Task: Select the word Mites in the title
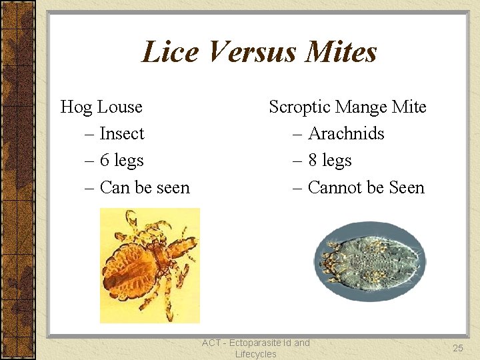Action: point(341,52)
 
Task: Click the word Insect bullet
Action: point(122,134)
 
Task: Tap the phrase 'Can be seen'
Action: point(145,188)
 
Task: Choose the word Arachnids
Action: point(346,134)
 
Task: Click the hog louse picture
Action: point(149,265)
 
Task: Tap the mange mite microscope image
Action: point(369,265)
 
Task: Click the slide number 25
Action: point(457,348)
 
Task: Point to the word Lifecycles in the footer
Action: point(255,354)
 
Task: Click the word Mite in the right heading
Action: point(409,107)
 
